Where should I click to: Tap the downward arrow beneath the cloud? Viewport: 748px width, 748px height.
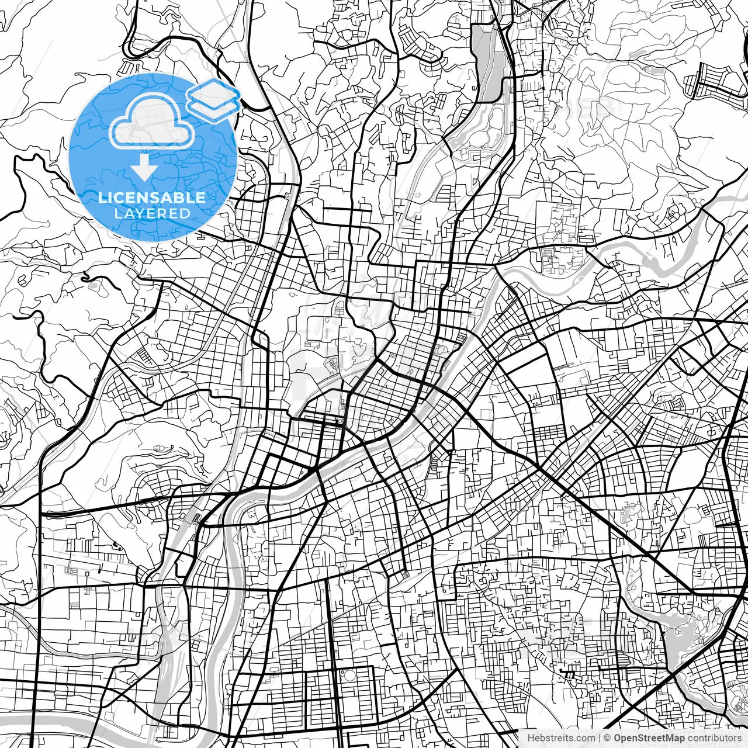(143, 168)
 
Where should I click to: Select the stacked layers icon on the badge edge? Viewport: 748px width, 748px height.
(214, 98)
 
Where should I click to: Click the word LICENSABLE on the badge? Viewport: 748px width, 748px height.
(152, 198)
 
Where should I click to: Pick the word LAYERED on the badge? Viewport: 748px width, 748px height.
(152, 213)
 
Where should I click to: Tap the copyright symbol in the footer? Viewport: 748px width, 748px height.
(608, 738)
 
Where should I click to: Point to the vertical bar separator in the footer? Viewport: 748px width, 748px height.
(600, 738)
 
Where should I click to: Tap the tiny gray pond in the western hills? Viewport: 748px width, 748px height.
(94, 286)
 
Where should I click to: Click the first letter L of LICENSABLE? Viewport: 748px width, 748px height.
(102, 198)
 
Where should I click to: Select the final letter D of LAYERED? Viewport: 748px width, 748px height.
(185, 213)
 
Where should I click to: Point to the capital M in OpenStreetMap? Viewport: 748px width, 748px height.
(670, 738)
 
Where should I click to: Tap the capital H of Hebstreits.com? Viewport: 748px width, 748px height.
(531, 738)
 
